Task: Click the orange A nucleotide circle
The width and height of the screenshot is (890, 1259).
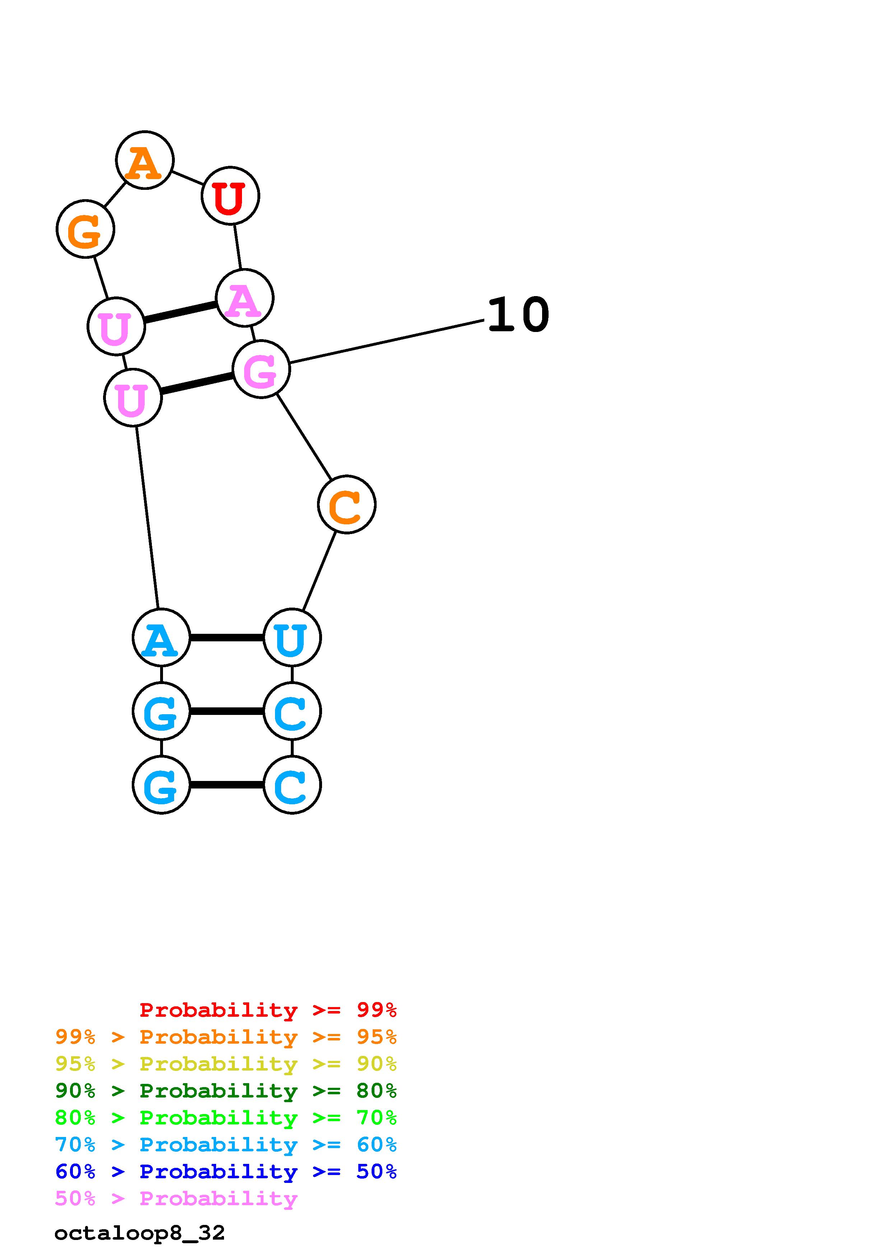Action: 145,160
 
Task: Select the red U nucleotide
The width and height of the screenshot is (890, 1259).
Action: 230,196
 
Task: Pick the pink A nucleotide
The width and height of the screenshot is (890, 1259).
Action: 244,298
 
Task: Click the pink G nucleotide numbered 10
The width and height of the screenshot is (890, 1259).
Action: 261,369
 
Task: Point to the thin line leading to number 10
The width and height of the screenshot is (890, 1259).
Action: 387,341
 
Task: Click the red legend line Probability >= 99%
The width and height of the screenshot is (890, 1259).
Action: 267,1010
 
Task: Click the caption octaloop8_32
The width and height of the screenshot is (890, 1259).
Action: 140,1233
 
